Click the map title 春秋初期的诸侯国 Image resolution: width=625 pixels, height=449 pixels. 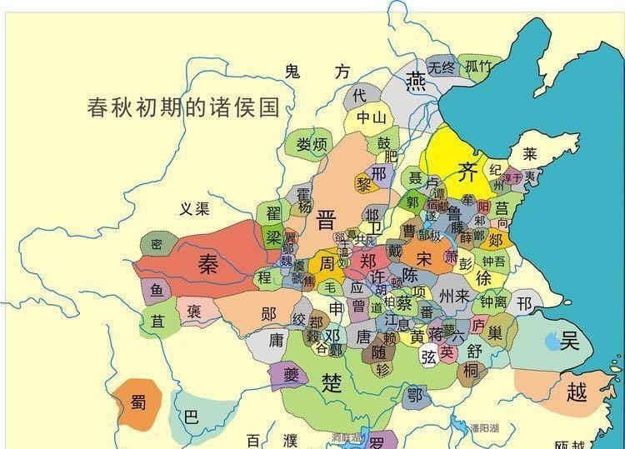point(182,108)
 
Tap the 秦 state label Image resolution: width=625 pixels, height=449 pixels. point(207,264)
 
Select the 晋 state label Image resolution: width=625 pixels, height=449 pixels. point(326,220)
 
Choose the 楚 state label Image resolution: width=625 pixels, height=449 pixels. point(332,382)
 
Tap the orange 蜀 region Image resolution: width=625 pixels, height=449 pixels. point(137,402)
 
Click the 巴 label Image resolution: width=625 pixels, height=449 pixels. point(191,417)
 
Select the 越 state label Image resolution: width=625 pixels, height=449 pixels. point(577,391)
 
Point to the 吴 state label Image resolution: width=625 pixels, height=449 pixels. point(569,339)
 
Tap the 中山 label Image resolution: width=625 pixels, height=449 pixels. point(371,117)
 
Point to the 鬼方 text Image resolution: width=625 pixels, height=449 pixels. point(316,72)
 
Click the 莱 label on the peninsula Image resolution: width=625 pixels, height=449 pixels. point(530,154)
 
